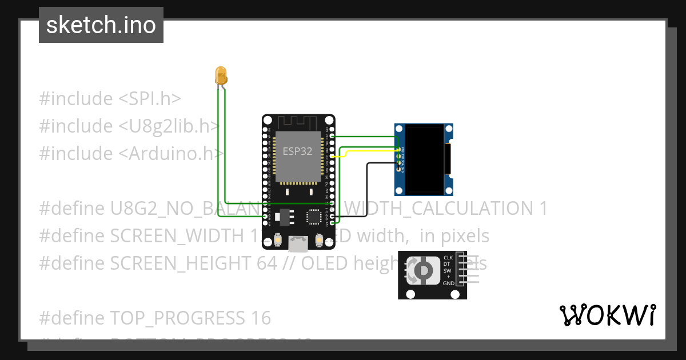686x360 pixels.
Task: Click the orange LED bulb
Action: (221, 75)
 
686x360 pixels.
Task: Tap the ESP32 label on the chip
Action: (297, 151)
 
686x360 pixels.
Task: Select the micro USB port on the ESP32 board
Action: (298, 244)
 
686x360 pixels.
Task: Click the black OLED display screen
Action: (426, 159)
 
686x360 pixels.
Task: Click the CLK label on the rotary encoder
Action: (448, 258)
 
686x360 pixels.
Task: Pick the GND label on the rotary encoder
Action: (448, 283)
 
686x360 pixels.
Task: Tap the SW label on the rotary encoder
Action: (448, 270)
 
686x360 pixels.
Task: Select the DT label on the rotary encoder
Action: (448, 264)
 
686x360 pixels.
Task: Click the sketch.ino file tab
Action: (101, 25)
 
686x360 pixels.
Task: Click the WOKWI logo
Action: (607, 315)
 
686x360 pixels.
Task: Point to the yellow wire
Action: (366, 151)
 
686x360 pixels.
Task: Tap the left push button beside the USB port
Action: (277, 241)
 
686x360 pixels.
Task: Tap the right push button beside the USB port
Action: (319, 241)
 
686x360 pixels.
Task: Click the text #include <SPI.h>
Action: (110, 99)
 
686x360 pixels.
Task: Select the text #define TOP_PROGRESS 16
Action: (155, 318)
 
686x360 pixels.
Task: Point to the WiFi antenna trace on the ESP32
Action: (297, 122)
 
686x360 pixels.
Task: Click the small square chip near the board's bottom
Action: (314, 217)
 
